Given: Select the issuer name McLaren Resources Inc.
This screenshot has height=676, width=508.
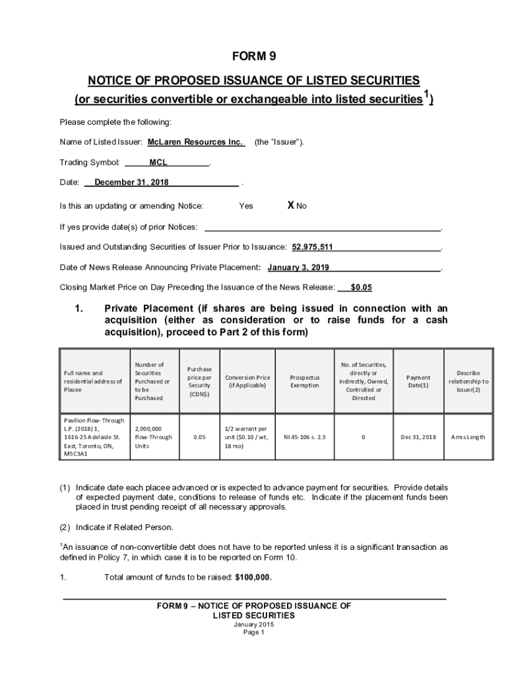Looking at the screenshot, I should [195, 142].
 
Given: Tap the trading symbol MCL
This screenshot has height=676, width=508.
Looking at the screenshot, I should [158, 162].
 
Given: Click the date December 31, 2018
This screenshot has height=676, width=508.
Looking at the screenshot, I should [131, 182].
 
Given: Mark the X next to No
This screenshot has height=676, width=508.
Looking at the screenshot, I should [290, 205].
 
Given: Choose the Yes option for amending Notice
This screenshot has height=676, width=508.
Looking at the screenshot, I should [245, 206].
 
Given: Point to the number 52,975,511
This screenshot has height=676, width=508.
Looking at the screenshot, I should [312, 247].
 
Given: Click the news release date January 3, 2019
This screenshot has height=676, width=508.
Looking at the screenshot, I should [298, 267].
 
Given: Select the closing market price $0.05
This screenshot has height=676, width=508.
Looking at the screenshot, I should [362, 287].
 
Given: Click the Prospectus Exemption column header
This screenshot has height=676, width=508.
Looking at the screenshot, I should [305, 382].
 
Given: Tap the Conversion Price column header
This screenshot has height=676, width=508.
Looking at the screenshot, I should [247, 382].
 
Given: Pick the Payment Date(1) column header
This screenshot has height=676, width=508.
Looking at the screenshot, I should [418, 382].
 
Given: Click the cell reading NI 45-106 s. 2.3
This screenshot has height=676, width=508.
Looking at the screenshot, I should [305, 437].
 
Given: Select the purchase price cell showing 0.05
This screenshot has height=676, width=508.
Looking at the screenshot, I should [199, 437].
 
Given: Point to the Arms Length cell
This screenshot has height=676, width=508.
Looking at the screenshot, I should [468, 437].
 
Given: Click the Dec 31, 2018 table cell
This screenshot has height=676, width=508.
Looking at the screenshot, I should [418, 437].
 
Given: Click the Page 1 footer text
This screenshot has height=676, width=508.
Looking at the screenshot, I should [253, 632].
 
